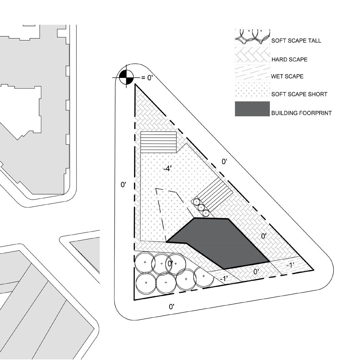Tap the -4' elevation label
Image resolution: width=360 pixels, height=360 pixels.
167,169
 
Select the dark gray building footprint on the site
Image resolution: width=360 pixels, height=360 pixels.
218,243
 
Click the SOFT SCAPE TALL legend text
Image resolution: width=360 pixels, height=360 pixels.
296,40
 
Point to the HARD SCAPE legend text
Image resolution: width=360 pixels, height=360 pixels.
290,60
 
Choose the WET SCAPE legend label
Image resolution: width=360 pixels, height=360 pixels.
287,76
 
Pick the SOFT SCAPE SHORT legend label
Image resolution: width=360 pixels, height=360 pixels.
299,94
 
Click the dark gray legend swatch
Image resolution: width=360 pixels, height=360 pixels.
252,109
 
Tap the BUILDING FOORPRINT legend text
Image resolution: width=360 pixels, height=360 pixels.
301,113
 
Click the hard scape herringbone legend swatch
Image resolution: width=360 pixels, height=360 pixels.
252,55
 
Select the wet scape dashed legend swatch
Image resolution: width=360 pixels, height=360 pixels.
252,72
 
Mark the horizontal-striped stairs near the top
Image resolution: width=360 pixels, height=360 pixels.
159,142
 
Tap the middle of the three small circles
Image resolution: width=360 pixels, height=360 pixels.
201,208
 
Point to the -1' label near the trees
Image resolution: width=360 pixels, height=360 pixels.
224,279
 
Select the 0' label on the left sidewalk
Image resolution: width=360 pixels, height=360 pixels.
124,184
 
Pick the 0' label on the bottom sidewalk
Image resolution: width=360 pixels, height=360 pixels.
171,307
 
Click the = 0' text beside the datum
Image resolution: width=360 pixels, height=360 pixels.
147,78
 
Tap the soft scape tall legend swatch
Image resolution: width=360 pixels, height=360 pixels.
252,37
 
